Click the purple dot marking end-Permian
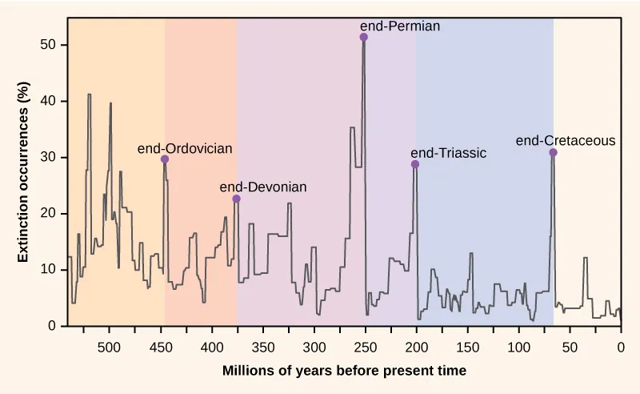coord(364,38)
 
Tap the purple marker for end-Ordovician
coord(165,159)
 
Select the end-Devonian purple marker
coord(236,199)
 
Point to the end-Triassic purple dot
coord(415,164)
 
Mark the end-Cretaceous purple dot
coord(553,152)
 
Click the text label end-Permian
coord(400,26)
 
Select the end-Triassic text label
coord(448,153)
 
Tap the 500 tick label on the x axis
coord(109,348)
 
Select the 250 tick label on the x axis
coord(365,348)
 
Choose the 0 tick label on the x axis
coord(621,348)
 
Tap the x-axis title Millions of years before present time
coord(344,371)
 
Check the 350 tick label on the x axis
coord(262,348)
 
